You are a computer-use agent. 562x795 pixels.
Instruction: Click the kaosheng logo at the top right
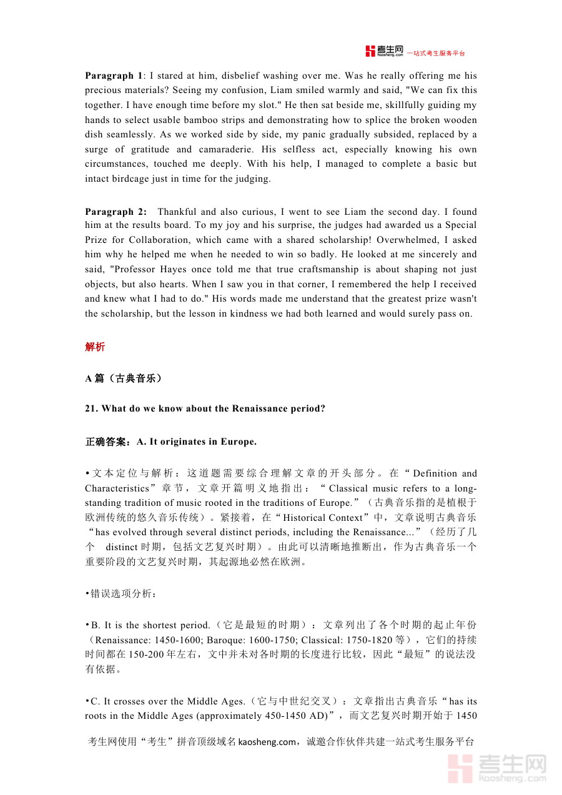click(x=385, y=51)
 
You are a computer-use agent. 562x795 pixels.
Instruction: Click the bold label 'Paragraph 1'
click(x=114, y=76)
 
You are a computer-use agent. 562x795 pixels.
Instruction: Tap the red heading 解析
click(x=95, y=347)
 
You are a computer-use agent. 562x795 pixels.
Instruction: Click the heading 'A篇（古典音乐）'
click(x=123, y=378)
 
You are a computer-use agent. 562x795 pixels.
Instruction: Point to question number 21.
click(x=91, y=409)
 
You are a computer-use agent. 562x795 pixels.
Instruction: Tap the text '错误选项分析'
click(x=121, y=593)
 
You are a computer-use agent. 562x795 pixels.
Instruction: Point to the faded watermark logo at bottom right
click(x=497, y=768)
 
